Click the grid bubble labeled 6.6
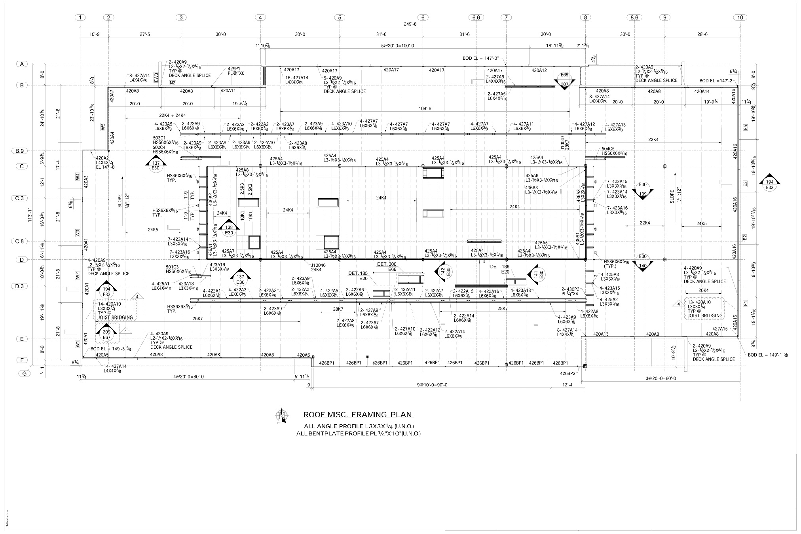[476, 17]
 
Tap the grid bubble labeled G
[25, 373]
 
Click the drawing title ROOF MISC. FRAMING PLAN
[357, 415]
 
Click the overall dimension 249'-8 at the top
[411, 24]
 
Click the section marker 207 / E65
[564, 80]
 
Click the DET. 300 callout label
[387, 264]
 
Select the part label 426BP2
[568, 373]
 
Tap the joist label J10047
[562, 141]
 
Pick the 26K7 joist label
[197, 318]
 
